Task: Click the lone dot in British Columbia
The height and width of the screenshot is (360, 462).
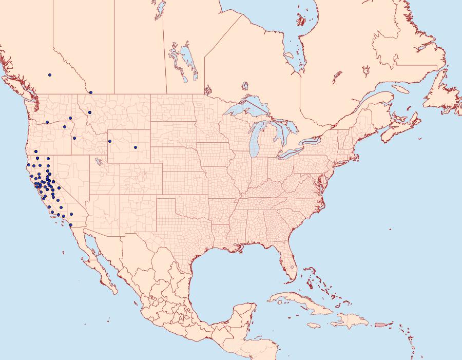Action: point(50,75)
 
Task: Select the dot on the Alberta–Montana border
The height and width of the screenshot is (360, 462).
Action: point(90,92)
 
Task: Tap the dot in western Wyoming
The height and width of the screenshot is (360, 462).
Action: point(109,141)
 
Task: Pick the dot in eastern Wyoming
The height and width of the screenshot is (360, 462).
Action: point(136,147)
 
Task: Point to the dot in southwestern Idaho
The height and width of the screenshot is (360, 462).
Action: point(74,138)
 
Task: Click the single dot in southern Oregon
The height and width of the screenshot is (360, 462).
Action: point(36,151)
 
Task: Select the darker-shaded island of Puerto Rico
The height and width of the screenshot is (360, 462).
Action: point(380,324)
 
